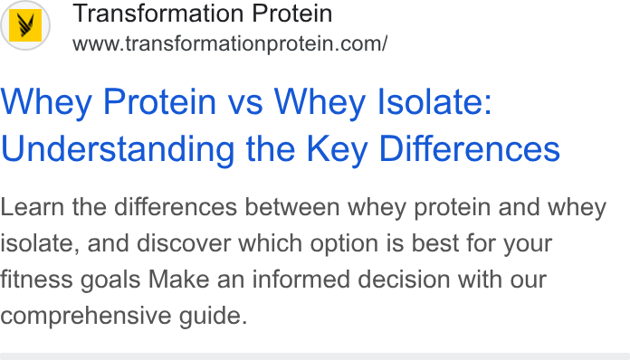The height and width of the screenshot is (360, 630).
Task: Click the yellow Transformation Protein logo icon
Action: (25, 25)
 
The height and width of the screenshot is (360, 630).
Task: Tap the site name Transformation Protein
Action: (203, 14)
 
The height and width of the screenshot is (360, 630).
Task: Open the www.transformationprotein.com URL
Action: (230, 43)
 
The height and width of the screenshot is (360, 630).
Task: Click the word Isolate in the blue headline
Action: (434, 102)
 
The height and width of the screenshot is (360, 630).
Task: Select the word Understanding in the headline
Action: (118, 149)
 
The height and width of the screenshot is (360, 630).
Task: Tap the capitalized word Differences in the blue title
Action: (469, 149)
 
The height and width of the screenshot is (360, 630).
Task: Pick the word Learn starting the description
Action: (33, 207)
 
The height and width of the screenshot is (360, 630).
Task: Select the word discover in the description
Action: (183, 243)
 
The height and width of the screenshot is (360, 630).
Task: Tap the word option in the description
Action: (344, 244)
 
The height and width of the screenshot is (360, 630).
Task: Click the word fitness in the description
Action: (36, 279)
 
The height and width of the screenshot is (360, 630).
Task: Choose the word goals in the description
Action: (110, 280)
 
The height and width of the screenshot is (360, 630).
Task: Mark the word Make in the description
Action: (179, 279)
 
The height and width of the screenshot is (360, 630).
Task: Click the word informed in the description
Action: (301, 279)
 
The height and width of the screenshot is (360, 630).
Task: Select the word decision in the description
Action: (404, 279)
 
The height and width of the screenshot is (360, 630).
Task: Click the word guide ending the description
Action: (213, 317)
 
